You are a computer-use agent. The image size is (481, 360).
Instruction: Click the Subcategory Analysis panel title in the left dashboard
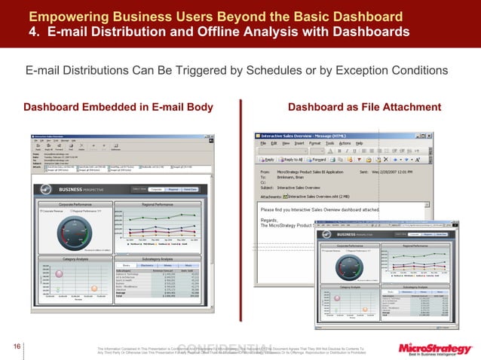coord(158,258)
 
